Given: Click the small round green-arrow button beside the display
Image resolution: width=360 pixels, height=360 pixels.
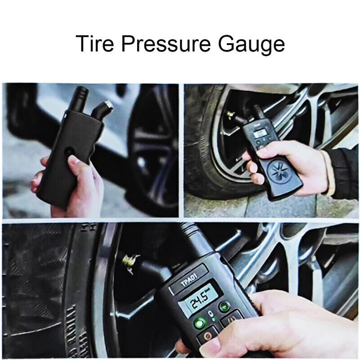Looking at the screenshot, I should (x=224, y=306).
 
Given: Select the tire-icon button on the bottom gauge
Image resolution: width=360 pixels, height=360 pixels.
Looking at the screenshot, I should (x=232, y=320).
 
